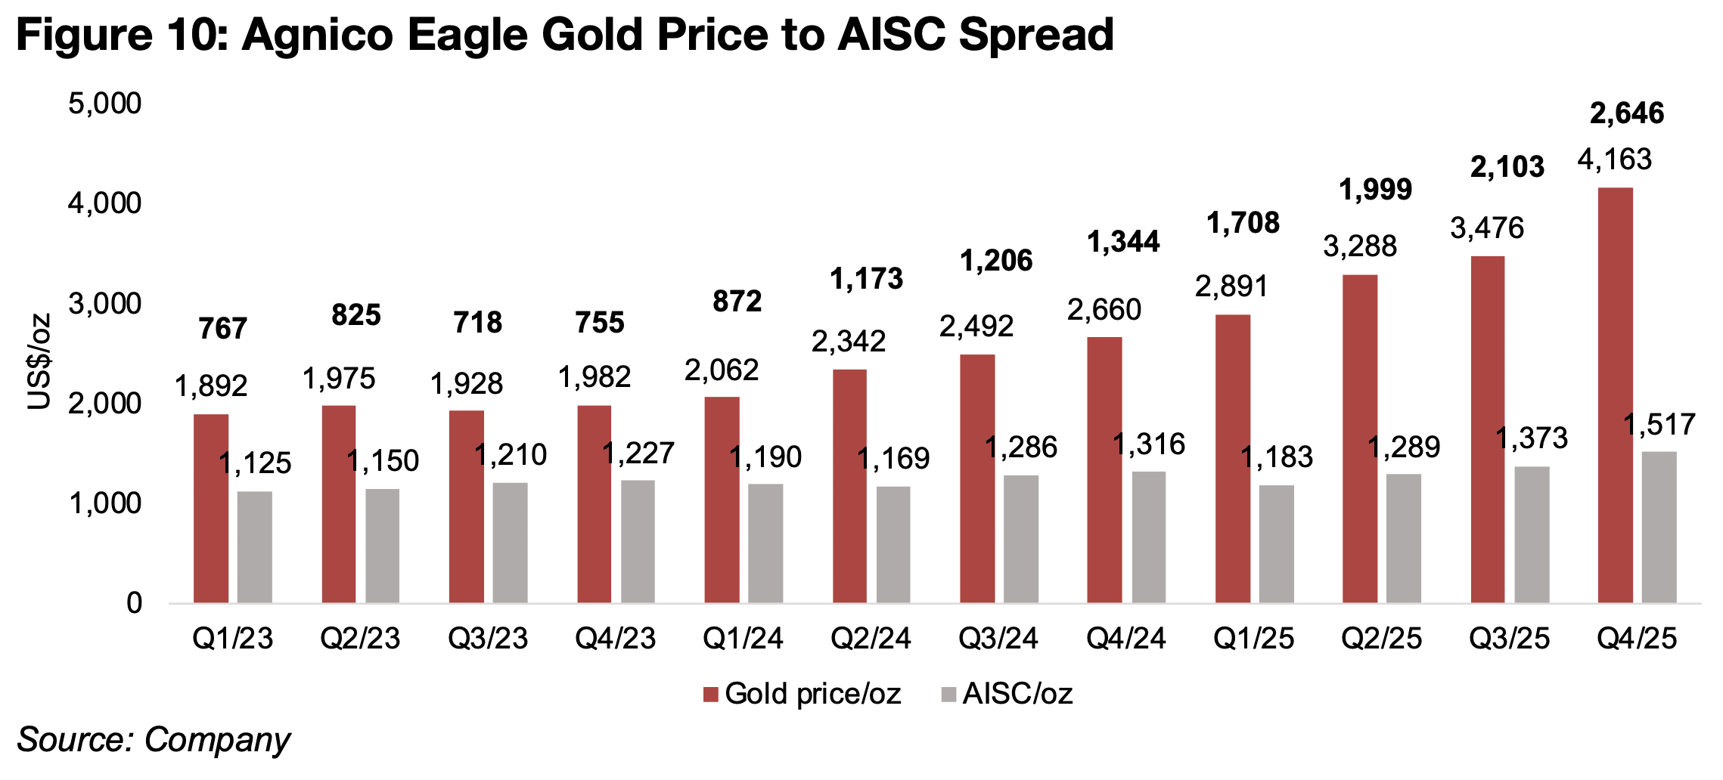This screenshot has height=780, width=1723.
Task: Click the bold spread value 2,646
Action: pos(1627,113)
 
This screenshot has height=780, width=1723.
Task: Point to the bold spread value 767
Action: pos(222,329)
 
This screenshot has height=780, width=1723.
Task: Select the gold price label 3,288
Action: pos(1360,246)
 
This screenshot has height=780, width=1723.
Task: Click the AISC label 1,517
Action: pos(1659,425)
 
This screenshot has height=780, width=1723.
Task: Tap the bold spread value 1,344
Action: pos(1123,242)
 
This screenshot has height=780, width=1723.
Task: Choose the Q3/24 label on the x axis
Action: pos(998,639)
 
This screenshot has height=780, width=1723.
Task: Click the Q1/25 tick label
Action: pos(1254,639)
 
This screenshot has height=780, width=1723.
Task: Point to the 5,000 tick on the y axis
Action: pos(104,104)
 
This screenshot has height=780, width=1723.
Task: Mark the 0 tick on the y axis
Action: pos(134,603)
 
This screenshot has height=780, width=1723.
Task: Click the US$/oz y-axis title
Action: pos(39,361)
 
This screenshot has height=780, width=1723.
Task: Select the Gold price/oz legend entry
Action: pos(802,694)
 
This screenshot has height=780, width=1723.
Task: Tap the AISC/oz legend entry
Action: pos(1007,694)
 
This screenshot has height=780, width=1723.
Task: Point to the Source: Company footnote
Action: pos(154,739)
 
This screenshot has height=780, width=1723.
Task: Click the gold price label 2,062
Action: pos(722,370)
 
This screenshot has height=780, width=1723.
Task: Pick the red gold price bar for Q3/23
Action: pos(466,506)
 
